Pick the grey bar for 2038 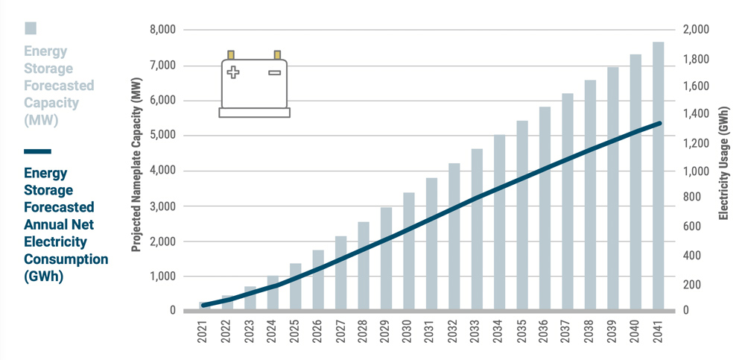point(590,194)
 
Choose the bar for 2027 point(341,272)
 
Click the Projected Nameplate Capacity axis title point(136,169)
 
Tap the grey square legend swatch point(31,28)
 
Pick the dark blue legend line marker point(37,151)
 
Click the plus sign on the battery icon point(234,72)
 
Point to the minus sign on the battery point(274,72)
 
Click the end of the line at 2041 point(659,124)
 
